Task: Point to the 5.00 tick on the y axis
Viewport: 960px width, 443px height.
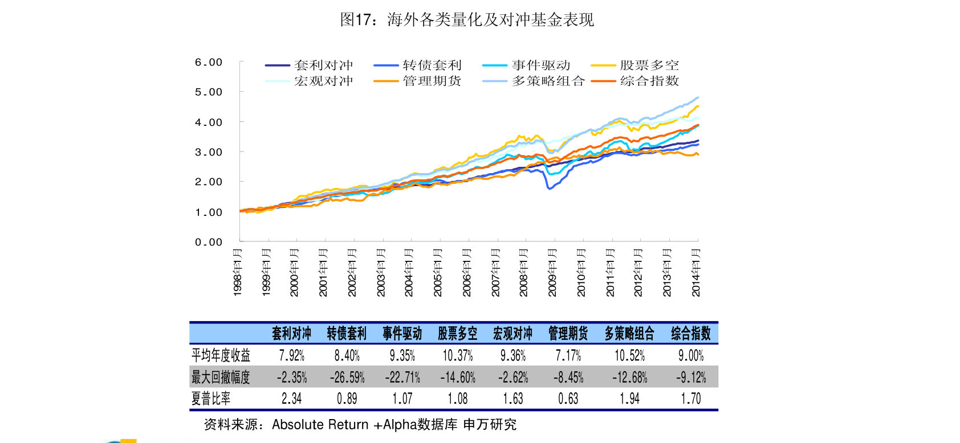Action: click(x=209, y=92)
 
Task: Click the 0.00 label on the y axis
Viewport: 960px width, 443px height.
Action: click(x=209, y=242)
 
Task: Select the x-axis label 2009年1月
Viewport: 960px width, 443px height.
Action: click(x=552, y=273)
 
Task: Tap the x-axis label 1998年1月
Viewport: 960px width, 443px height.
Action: click(x=237, y=273)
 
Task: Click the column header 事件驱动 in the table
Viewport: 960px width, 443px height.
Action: click(x=402, y=334)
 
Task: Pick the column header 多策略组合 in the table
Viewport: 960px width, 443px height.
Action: click(x=629, y=334)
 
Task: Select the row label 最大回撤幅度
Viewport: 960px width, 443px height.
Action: click(x=220, y=377)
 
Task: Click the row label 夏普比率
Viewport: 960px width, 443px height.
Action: click(x=211, y=399)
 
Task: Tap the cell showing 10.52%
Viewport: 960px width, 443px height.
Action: click(x=629, y=355)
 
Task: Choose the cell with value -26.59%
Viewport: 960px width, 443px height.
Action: click(x=347, y=377)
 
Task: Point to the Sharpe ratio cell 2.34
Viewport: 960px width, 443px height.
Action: click(x=291, y=399)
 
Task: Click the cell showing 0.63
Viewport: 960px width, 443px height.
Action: click(x=568, y=399)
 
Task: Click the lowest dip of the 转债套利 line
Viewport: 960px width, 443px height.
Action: click(x=550, y=188)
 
